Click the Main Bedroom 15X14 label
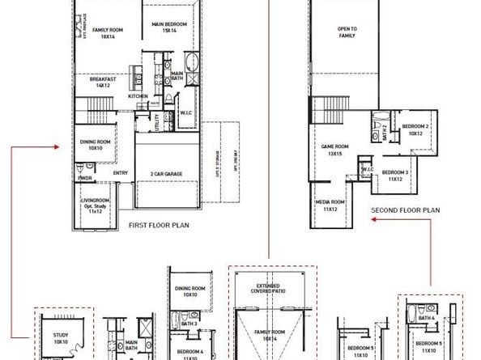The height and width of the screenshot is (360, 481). click(x=169, y=28)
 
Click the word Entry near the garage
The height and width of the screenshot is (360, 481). click(x=121, y=172)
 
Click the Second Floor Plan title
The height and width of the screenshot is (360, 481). click(x=406, y=210)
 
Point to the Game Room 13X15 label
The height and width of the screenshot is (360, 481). click(x=334, y=150)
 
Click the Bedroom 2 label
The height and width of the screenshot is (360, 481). click(x=415, y=129)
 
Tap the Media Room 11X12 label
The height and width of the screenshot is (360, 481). click(x=330, y=205)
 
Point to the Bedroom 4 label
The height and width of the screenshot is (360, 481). click(x=190, y=354)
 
